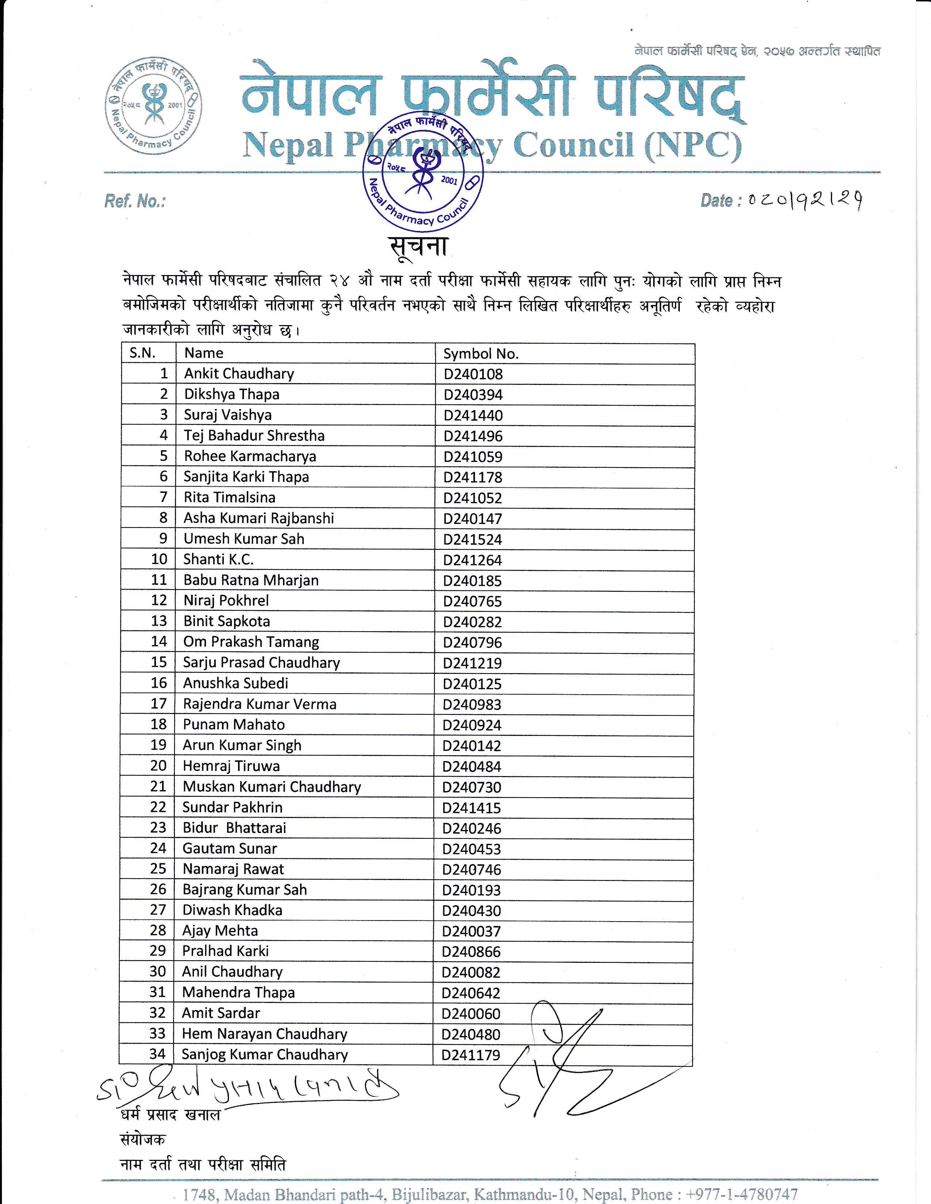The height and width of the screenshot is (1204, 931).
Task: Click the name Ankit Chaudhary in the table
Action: coord(239,374)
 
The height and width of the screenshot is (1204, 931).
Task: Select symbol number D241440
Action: coord(473,416)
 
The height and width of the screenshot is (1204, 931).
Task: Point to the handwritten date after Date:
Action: coord(805,201)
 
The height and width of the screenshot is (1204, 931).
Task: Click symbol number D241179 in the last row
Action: coord(471,1055)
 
